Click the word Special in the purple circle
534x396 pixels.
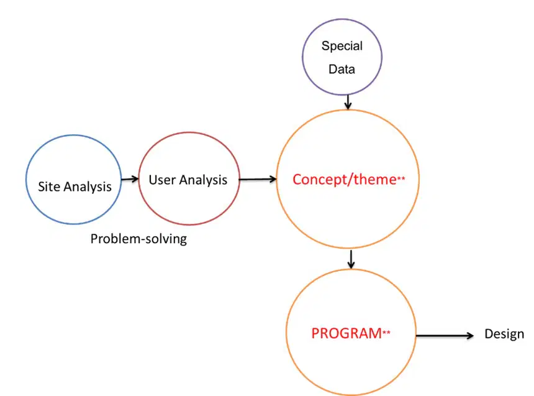pos(342,46)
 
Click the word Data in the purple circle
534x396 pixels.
pos(342,69)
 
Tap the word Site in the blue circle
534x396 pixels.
pos(49,186)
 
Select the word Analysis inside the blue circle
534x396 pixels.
pos(88,187)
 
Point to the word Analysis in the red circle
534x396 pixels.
pos(203,180)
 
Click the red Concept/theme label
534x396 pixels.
pos(345,180)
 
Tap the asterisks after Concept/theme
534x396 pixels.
pos(401,178)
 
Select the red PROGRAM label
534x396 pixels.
pos(346,333)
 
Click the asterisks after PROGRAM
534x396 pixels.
pos(386,332)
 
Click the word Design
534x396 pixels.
pos(504,334)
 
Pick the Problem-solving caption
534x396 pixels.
pos(138,239)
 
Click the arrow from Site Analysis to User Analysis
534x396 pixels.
pos(130,179)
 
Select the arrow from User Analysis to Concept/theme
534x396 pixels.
pos(258,179)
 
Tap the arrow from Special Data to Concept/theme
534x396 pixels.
pos(348,102)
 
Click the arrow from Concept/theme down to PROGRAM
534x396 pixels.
pos(351,260)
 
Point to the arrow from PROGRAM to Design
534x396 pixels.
pos(445,336)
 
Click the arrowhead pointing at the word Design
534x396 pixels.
pos(470,336)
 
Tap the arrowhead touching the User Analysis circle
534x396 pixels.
pos(135,179)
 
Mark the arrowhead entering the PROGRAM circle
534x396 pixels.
pos(351,265)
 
